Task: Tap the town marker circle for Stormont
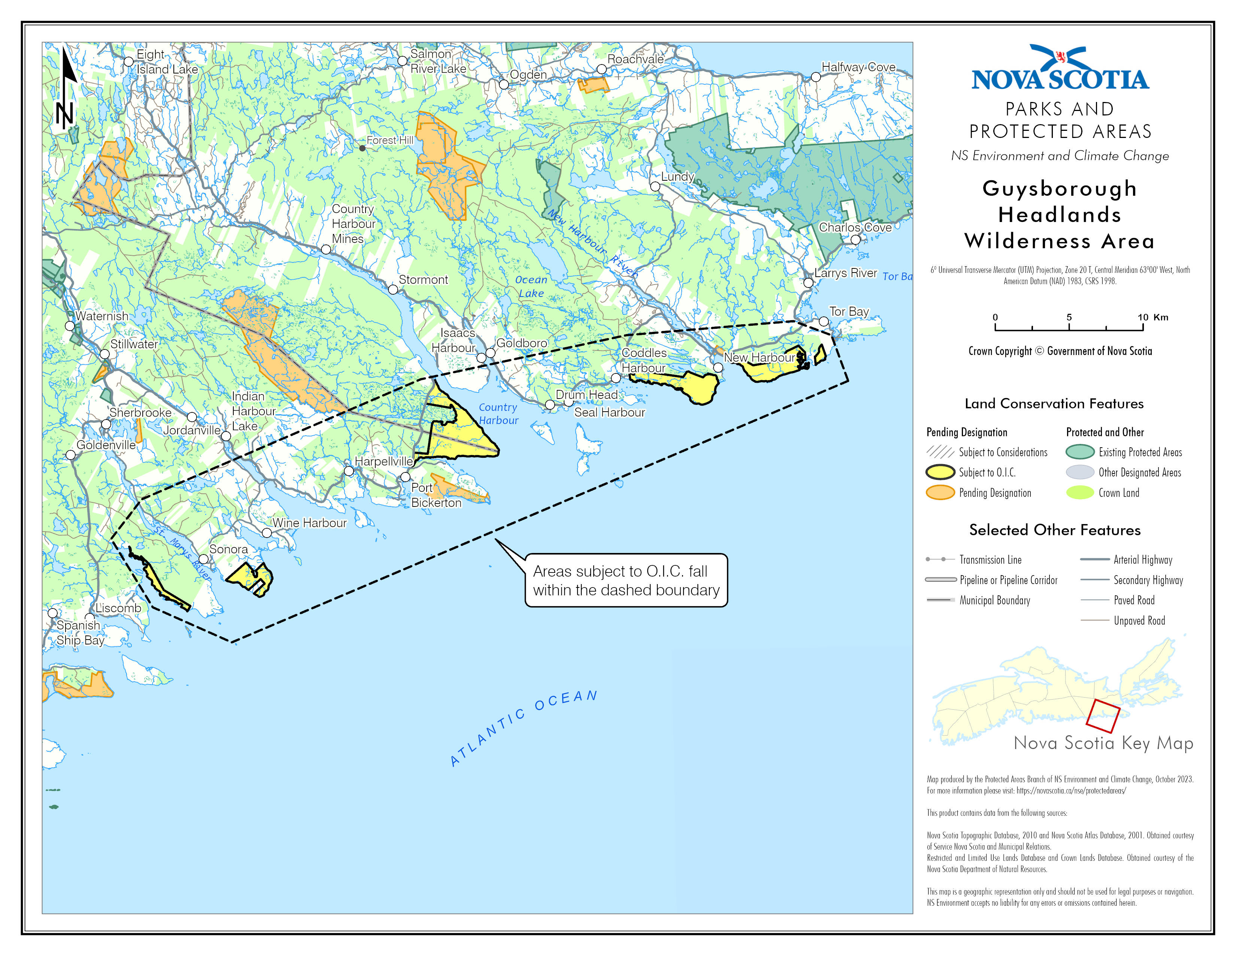393,289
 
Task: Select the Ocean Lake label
531,286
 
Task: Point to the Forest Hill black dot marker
362,148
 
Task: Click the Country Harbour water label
498,414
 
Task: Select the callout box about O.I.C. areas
626,580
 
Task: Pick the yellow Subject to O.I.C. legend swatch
940,472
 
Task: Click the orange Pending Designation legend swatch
940,492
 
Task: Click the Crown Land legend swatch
1080,492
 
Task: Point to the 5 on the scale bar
1069,317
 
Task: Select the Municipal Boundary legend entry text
994,600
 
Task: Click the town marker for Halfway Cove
815,77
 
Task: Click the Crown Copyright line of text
1060,351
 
